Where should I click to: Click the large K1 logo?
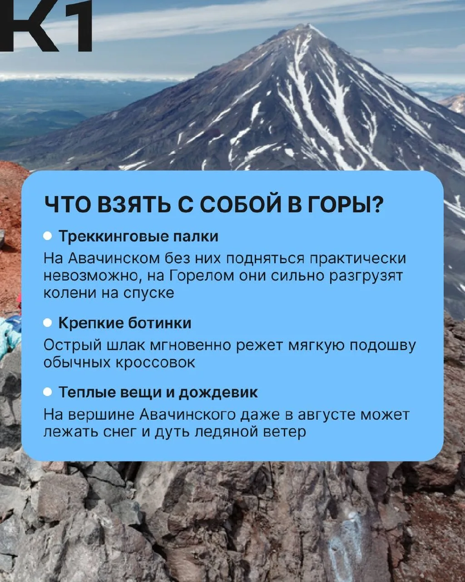click(x=46, y=26)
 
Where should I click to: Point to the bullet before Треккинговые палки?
click(x=48, y=236)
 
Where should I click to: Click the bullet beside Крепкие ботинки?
click(x=48, y=323)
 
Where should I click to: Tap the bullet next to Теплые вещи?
click(x=48, y=392)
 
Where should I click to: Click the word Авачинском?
click(x=114, y=258)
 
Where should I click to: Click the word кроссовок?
click(x=155, y=363)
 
